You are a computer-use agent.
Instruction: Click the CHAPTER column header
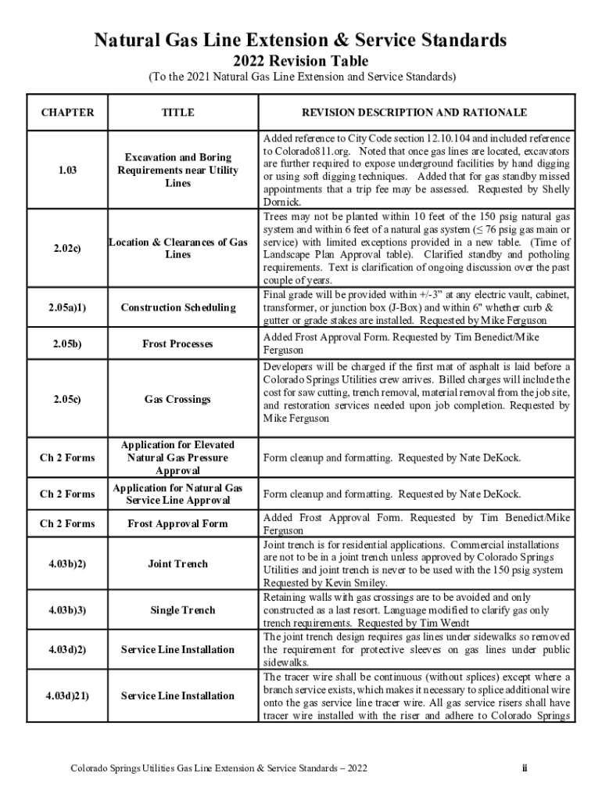pos(67,113)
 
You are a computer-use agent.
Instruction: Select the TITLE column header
pos(177,113)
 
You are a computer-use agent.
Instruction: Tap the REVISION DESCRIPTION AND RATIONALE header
pos(417,113)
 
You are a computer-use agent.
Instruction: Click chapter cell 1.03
pos(67,170)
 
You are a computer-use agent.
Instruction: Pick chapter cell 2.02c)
pos(67,249)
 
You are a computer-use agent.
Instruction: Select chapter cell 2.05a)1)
pos(67,307)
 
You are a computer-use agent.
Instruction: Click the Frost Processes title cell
pos(177,343)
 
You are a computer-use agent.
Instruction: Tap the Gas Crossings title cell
pos(177,399)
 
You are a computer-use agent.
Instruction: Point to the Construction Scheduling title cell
pos(177,307)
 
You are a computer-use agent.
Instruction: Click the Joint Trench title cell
pos(177,563)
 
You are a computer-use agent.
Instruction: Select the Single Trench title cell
pos(177,610)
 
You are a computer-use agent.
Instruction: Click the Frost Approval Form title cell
pos(177,523)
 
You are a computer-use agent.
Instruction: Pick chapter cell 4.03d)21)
pos(67,695)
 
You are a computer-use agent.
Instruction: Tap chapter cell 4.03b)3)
pos(67,610)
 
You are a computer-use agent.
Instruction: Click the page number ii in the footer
pos(525,768)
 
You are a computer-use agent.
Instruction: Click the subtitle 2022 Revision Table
pos(300,61)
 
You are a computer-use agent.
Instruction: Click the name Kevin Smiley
pos(356,583)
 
